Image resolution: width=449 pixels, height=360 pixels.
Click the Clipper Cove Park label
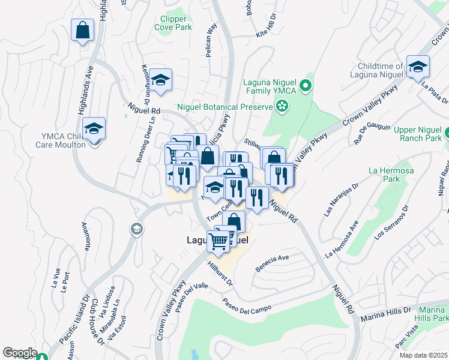point(173,23)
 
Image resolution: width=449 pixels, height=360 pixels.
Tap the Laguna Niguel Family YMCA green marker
point(306,86)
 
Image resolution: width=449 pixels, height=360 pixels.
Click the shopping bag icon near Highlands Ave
point(83,29)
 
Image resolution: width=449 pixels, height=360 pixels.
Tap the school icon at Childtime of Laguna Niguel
point(417,67)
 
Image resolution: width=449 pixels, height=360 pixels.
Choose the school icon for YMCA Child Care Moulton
point(94,129)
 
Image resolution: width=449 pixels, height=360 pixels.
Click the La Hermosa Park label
point(384,174)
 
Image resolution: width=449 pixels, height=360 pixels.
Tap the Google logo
point(19,353)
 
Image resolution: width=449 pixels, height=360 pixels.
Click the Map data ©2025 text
point(423,355)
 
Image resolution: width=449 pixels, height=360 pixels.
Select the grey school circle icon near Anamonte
point(136,229)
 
